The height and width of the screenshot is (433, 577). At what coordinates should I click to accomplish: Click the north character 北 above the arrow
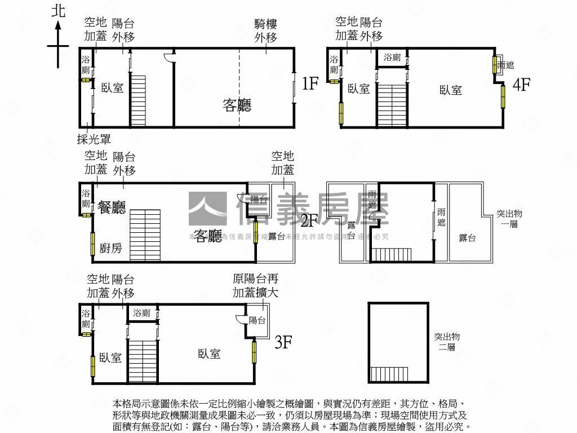point(58,11)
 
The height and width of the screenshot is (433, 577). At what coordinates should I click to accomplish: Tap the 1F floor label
point(310,84)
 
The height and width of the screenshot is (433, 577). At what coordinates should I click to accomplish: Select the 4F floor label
point(521,85)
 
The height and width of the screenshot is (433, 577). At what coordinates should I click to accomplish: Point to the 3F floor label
point(283,342)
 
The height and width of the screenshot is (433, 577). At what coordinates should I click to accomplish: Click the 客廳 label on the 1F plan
point(237,105)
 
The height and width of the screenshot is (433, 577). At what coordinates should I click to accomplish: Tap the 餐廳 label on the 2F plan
point(112,207)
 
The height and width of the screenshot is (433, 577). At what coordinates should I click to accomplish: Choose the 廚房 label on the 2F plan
point(111,248)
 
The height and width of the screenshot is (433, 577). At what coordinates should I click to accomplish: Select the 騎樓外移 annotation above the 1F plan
point(266,30)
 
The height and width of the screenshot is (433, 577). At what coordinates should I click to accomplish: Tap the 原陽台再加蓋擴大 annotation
point(255,285)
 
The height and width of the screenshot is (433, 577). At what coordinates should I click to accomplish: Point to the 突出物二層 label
point(447,342)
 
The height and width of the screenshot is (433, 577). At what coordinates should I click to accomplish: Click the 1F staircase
point(139,101)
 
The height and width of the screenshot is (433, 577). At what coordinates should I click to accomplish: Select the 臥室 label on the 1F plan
point(113,88)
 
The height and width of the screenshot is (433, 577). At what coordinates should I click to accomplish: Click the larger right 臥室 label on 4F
point(451,90)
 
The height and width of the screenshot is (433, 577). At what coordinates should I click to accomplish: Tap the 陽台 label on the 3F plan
point(258,320)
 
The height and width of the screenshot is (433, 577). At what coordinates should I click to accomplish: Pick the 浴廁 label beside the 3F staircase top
point(142,313)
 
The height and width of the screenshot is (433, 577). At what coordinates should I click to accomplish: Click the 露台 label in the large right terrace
point(467,238)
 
